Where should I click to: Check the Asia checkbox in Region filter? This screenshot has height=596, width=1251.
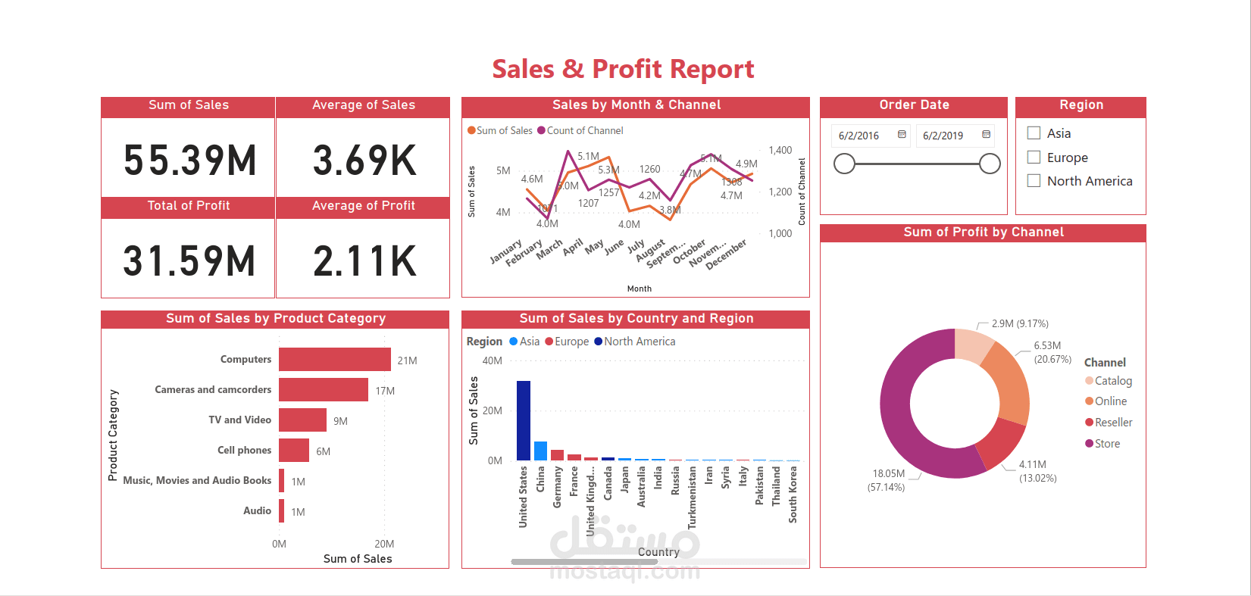click(1034, 133)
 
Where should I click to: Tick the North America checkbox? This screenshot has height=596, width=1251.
click(1034, 181)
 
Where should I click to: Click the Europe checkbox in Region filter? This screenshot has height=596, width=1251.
click(1034, 158)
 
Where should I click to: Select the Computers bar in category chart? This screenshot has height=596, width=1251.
click(334, 359)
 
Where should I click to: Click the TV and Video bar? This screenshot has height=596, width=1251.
click(302, 420)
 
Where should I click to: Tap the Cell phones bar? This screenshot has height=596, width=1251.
click(293, 450)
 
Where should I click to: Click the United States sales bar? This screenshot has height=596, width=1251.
click(523, 420)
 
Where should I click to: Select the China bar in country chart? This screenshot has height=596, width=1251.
click(540, 451)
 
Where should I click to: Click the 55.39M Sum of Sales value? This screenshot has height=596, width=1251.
click(189, 161)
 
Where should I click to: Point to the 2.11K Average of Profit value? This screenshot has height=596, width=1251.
click(364, 261)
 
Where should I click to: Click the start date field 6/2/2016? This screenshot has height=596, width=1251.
click(859, 136)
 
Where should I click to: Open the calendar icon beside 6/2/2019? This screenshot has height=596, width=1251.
click(986, 135)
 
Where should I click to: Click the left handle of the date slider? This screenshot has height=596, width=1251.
click(844, 164)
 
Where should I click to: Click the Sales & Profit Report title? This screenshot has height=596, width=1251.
click(623, 70)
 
